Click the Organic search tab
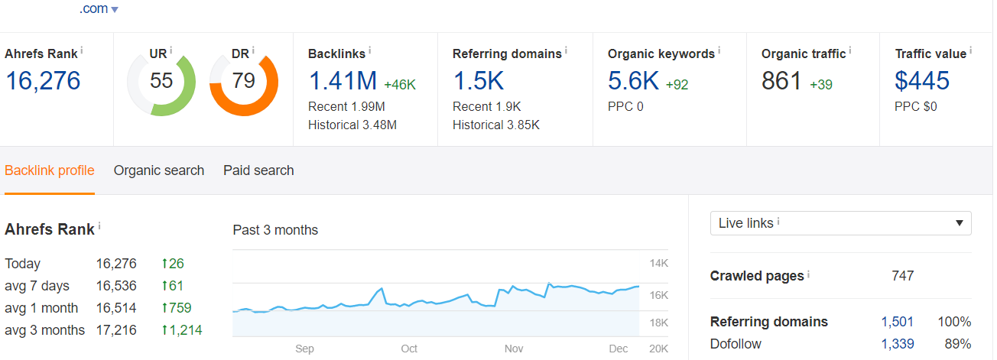click(x=159, y=170)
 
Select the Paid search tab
click(x=258, y=170)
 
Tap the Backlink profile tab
click(x=50, y=170)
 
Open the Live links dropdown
click(x=840, y=223)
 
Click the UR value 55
click(x=161, y=80)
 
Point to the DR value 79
click(x=243, y=80)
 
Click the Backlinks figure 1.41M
click(x=343, y=80)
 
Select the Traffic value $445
click(x=922, y=80)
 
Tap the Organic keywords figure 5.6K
click(x=633, y=80)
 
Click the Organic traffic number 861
click(x=781, y=80)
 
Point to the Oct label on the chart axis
click(x=409, y=349)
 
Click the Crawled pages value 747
click(x=902, y=276)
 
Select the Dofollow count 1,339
click(x=897, y=344)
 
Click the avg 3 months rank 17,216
click(x=116, y=330)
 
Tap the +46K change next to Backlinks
click(x=400, y=84)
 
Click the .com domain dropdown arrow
click(x=115, y=10)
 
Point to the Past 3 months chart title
click(x=275, y=230)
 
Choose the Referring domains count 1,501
click(x=897, y=322)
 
